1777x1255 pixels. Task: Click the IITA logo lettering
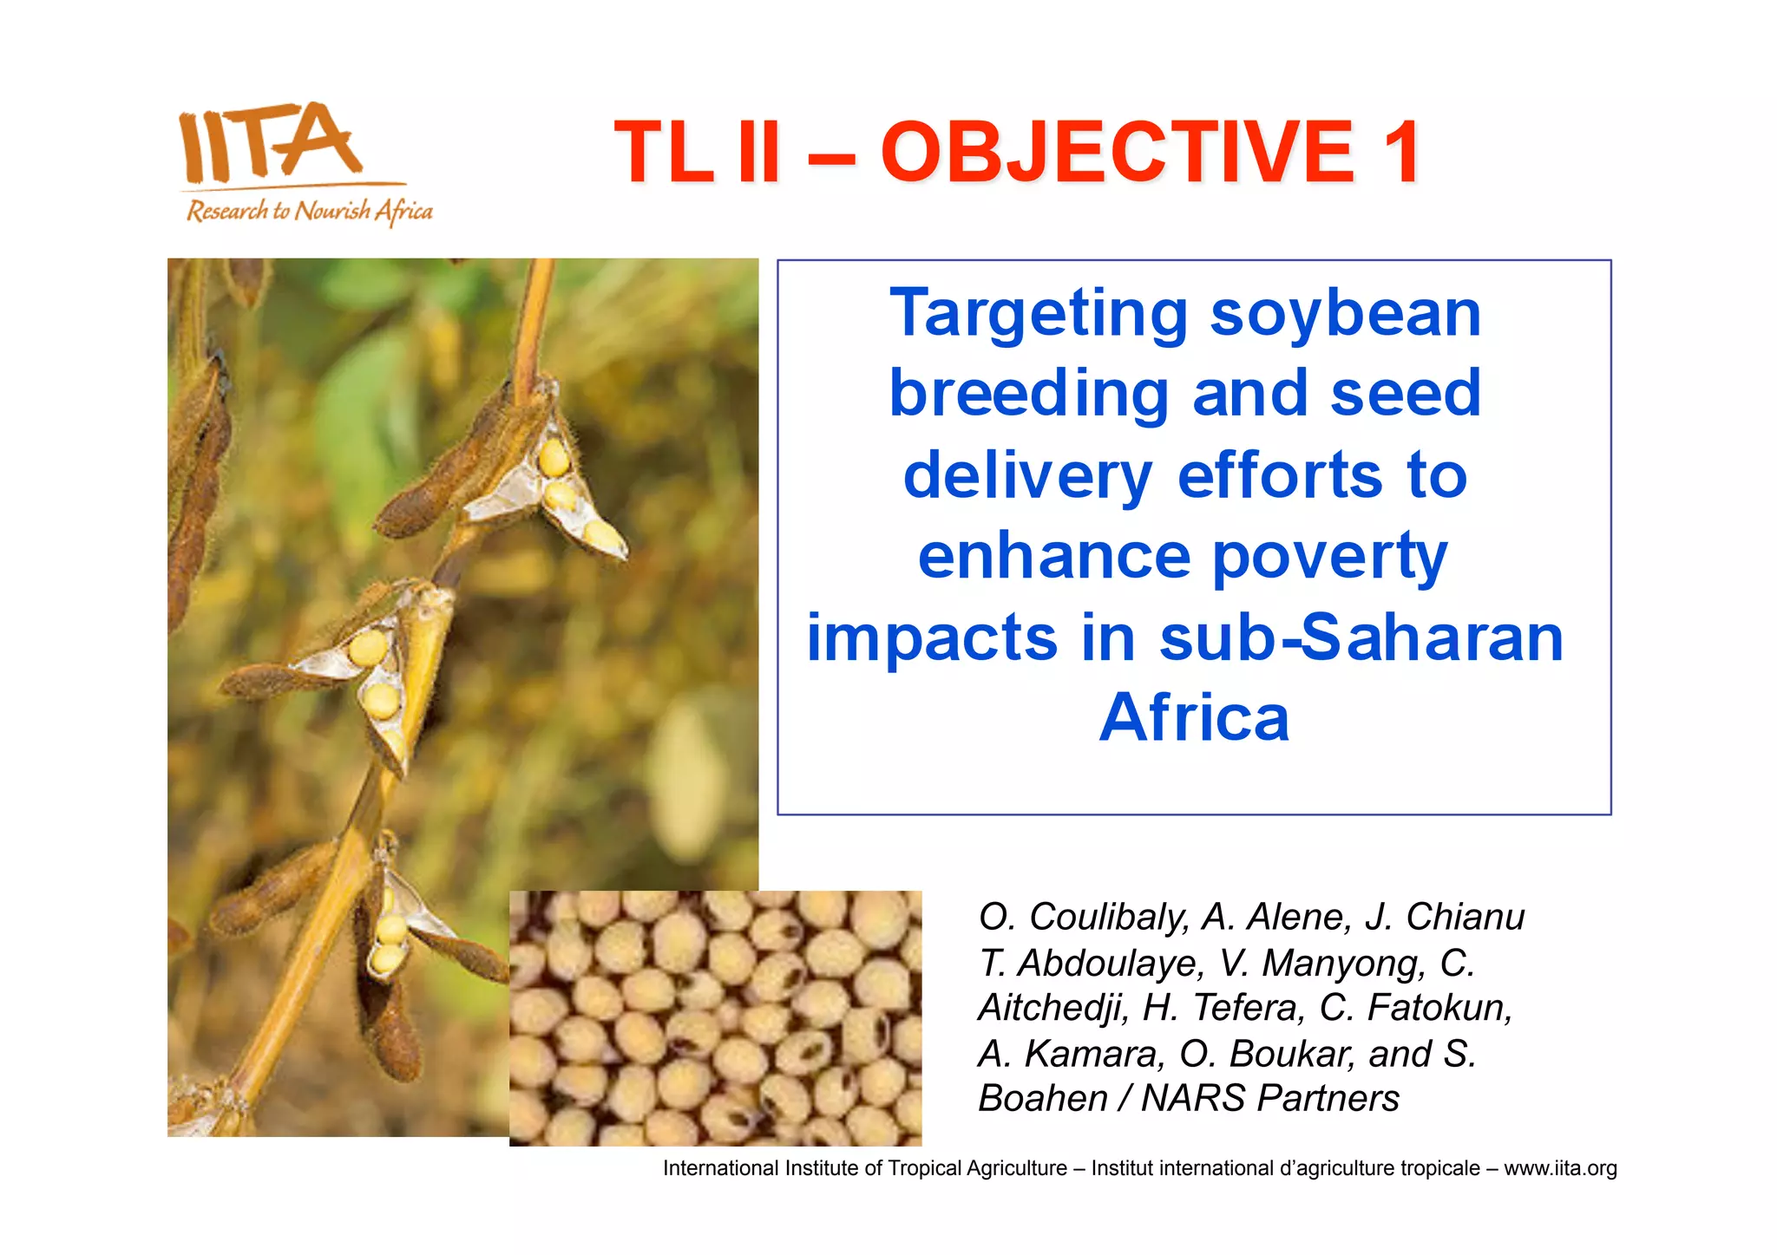[x=269, y=141]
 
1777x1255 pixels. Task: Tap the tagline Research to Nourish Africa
[x=309, y=211]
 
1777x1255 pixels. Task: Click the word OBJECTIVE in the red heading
[x=1117, y=153]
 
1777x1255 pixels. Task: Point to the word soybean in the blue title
[x=1345, y=314]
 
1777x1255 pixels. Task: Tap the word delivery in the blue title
[x=1027, y=476]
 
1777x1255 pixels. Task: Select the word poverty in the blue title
[x=1329, y=558]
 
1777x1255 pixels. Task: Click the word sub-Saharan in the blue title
[x=1361, y=638]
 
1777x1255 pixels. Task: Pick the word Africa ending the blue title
[x=1194, y=718]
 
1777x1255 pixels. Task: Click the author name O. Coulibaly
[x=1083, y=918]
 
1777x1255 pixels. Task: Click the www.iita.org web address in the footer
[x=1560, y=1169]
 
